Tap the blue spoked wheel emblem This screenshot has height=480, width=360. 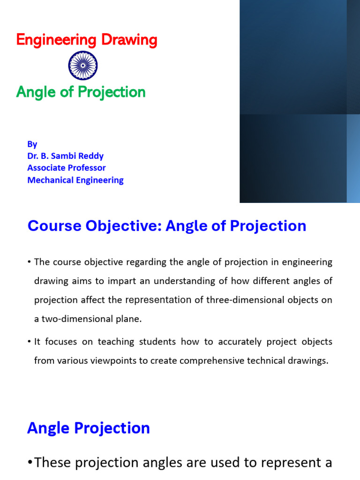83,66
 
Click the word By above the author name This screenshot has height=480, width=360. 32,144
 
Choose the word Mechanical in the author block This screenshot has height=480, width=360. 49,180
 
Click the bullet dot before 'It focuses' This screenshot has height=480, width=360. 30,342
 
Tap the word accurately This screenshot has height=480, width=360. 225,342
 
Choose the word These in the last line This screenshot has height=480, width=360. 57,463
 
